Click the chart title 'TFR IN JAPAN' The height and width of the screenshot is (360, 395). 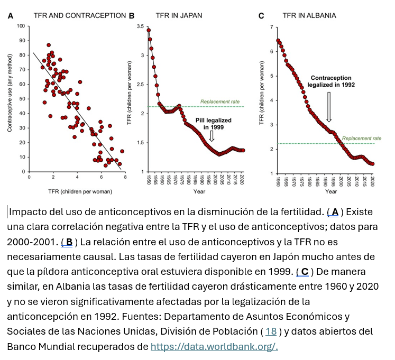pyautogui.click(x=179, y=15)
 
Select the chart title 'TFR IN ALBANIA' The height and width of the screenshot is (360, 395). pyautogui.click(x=310, y=15)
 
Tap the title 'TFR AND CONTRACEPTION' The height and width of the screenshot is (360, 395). pyautogui.click(x=79, y=15)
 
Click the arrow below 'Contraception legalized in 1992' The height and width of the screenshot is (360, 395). pyautogui.click(x=329, y=106)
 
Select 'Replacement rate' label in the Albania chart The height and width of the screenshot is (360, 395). pyautogui.click(x=358, y=138)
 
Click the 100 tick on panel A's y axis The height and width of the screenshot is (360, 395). pyautogui.click(x=21, y=26)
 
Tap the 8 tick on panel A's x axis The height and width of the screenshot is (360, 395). pyautogui.click(x=125, y=178)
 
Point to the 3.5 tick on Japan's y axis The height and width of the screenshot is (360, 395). pyautogui.click(x=140, y=26)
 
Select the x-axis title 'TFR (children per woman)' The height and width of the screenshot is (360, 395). pyautogui.click(x=77, y=191)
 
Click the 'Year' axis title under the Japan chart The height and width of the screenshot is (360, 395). pyautogui.click(x=199, y=191)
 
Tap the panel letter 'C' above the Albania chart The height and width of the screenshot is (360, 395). pyautogui.click(x=261, y=16)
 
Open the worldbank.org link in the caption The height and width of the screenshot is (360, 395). pyautogui.click(x=214, y=347)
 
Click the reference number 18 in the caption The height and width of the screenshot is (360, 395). pyautogui.click(x=271, y=331)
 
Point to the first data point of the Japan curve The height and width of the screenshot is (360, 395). pyautogui.click(x=149, y=30)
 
